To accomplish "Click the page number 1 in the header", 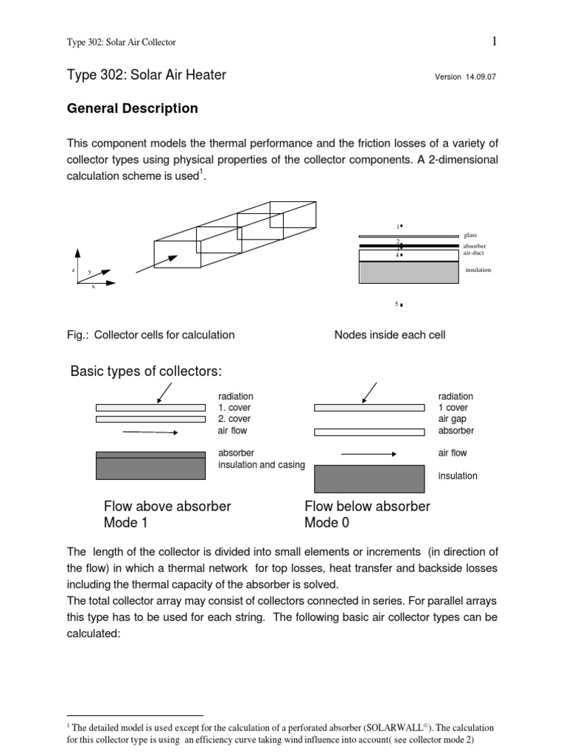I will (495, 41).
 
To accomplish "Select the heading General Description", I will (133, 108).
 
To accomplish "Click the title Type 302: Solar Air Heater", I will (147, 74).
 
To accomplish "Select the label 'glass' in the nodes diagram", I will (471, 235).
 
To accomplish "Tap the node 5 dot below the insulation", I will (401, 305).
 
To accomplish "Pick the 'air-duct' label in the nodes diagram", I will (475, 252).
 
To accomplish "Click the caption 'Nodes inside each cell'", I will (390, 335).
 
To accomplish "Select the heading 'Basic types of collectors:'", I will (146, 370).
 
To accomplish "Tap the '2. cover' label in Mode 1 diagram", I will (236, 419).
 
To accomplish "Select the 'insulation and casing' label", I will (261, 465).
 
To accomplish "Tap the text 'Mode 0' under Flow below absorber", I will (327, 523).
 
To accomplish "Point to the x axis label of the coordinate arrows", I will (93, 287).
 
